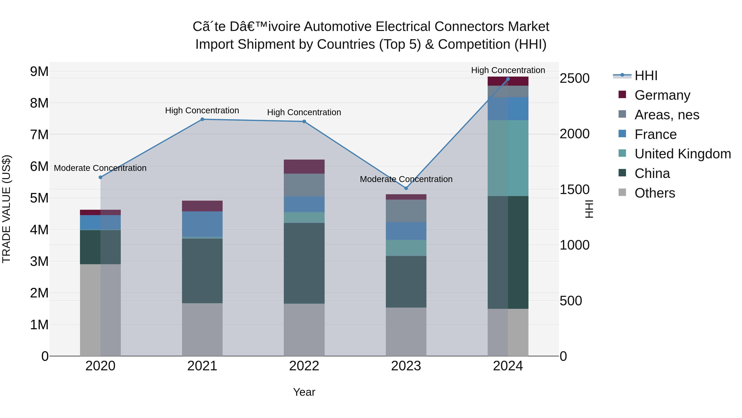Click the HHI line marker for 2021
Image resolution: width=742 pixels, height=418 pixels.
[202, 120]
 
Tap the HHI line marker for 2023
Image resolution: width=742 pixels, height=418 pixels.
[406, 188]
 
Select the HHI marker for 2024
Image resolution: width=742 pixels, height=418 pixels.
[508, 79]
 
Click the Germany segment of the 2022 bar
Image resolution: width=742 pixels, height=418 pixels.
[304, 166]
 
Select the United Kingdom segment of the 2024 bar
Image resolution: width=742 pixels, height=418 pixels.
[508, 158]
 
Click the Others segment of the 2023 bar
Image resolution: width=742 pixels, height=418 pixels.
[406, 332]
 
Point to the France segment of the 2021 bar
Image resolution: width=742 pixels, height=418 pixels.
[202, 224]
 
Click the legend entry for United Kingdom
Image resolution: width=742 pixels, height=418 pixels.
[682, 154]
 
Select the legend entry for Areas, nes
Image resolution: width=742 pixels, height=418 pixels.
[667, 115]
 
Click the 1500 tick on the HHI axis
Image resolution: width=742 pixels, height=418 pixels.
[574, 189]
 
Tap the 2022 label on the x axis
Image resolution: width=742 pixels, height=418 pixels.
[304, 366]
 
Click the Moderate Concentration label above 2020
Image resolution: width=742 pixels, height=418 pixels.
[100, 168]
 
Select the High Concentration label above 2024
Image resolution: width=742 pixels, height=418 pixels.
[508, 70]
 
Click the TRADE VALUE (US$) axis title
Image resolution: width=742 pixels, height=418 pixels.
[6, 209]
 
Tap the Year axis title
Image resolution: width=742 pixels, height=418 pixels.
[304, 392]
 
